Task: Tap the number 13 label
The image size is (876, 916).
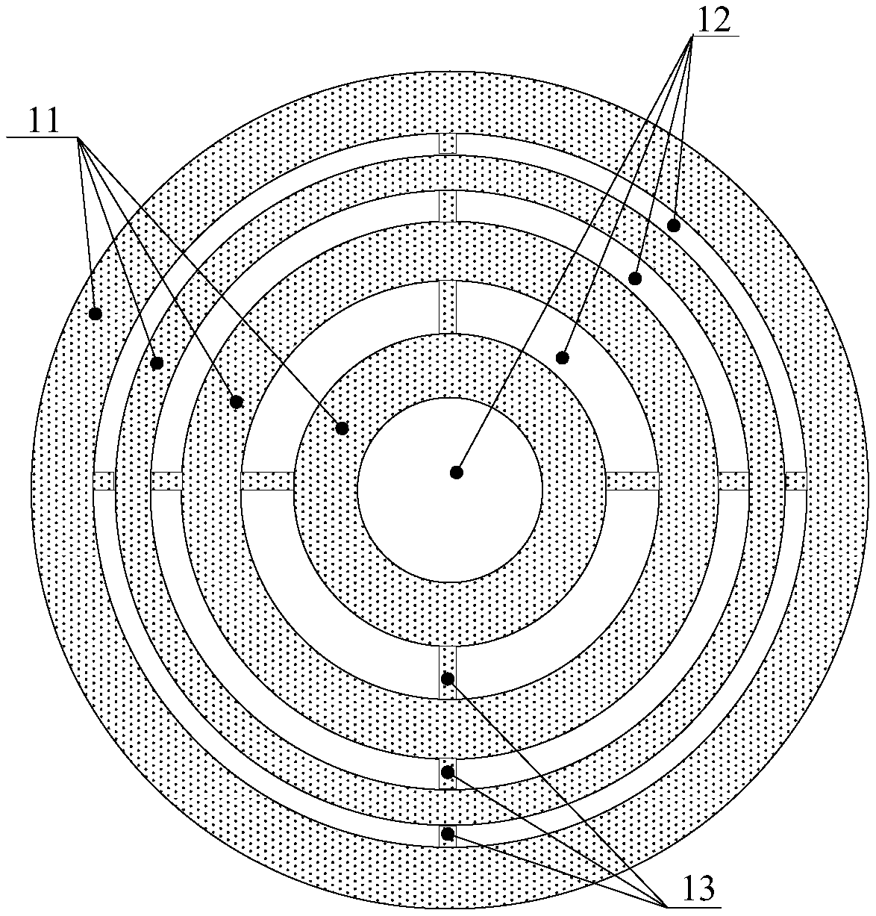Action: coord(698,889)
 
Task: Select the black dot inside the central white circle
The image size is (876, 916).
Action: coord(457,473)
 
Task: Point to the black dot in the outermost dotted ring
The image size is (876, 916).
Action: coord(96,314)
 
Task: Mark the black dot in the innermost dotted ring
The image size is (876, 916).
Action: coord(342,429)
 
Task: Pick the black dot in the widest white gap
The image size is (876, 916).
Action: coord(563,358)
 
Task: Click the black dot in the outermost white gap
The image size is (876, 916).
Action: coord(673,225)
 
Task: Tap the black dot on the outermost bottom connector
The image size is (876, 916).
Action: coord(448,834)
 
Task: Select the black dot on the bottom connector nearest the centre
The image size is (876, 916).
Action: coord(448,679)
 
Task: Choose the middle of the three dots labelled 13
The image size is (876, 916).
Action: coord(448,772)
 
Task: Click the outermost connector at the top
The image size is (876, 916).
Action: coord(448,144)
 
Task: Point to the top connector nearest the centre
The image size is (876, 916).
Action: coord(448,307)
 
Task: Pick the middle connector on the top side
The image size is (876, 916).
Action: coord(448,206)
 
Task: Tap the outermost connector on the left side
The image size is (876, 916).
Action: coord(104,482)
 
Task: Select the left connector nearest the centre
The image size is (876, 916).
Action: coord(267,482)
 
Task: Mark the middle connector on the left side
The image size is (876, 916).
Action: coord(166,482)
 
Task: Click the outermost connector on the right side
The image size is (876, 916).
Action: coord(796,482)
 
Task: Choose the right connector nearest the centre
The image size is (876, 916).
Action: coord(632,482)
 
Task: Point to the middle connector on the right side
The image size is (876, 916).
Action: coord(733,482)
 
